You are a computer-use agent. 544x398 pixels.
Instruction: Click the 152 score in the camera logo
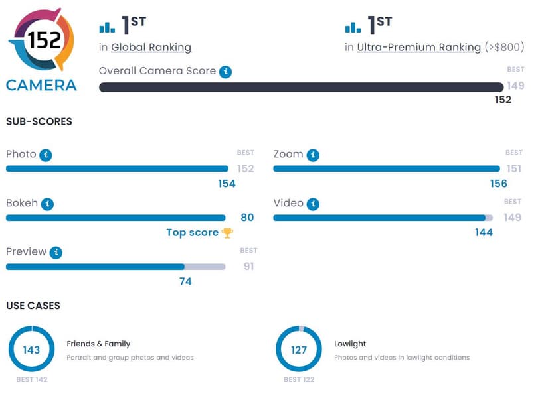point(44,40)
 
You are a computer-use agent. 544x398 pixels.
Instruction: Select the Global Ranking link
point(151,47)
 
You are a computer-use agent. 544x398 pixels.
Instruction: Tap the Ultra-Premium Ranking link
point(418,47)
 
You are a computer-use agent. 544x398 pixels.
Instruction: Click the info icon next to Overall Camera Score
point(226,72)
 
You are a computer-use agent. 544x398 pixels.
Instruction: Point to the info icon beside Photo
point(46,155)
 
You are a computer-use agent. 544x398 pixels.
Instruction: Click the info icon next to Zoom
point(313,155)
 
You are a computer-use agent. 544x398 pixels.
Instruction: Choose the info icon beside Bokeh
point(48,204)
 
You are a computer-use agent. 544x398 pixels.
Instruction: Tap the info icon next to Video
point(313,204)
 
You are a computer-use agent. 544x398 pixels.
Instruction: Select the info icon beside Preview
point(56,253)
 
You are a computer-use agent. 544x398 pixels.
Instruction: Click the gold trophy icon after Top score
point(227,232)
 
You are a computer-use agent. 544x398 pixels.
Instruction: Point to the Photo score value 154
point(227,183)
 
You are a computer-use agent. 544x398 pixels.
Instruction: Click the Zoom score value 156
point(498,183)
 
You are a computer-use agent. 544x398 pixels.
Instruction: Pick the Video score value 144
point(484,232)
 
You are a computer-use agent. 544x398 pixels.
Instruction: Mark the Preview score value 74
point(185,281)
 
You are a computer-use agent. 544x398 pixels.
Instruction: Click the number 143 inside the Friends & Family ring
point(31,350)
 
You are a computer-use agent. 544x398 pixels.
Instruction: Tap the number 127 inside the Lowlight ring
point(299,350)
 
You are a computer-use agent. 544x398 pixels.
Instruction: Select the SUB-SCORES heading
point(39,121)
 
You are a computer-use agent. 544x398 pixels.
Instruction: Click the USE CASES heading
point(33,306)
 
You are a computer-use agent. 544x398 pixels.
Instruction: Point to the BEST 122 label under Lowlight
point(299,379)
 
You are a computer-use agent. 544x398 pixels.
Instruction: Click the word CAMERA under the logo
point(41,85)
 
